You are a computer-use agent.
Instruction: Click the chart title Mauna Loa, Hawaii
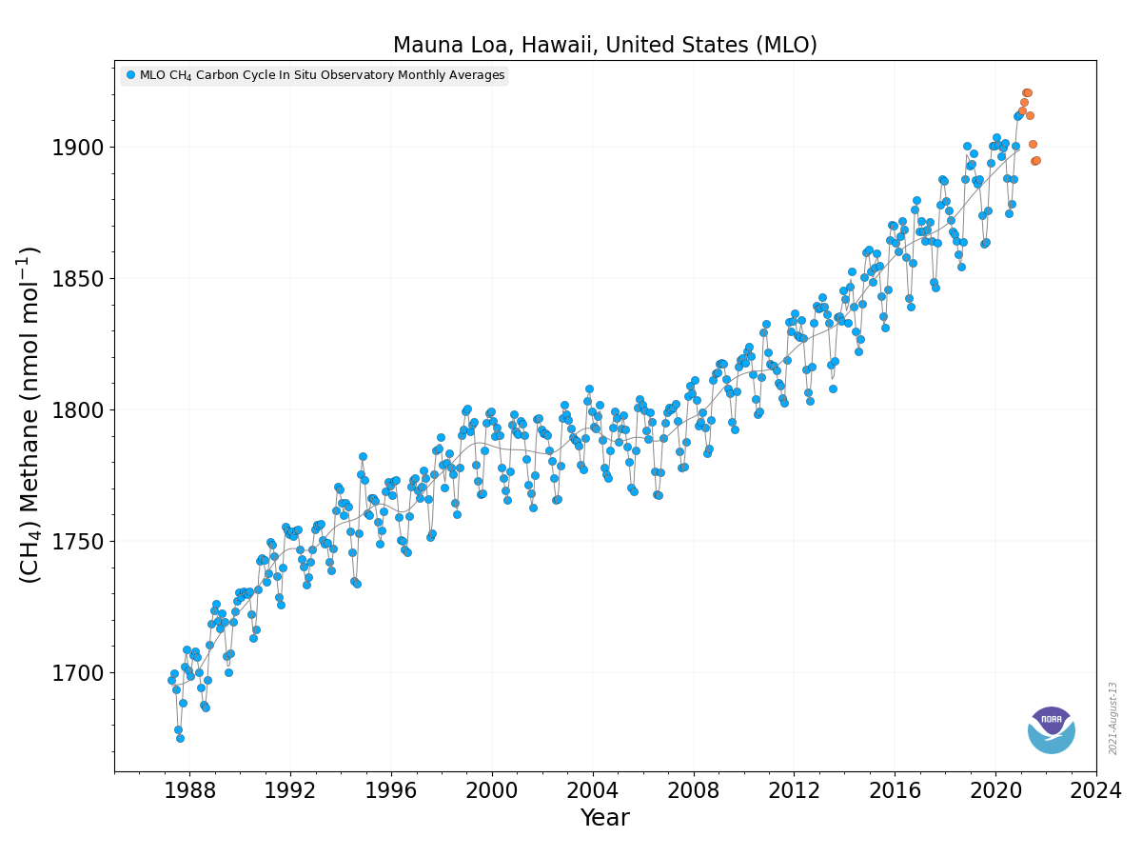point(604,45)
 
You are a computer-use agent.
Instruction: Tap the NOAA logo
point(1051,730)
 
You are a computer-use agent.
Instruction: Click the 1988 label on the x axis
point(189,791)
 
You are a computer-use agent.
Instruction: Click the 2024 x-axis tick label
point(1096,791)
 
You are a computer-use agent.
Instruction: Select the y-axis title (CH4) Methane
point(30,414)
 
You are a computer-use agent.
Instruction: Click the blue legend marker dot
point(130,75)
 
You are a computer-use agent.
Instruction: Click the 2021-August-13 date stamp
point(1113,718)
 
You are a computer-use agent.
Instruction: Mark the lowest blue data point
point(180,738)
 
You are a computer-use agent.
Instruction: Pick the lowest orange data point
point(1034,161)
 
